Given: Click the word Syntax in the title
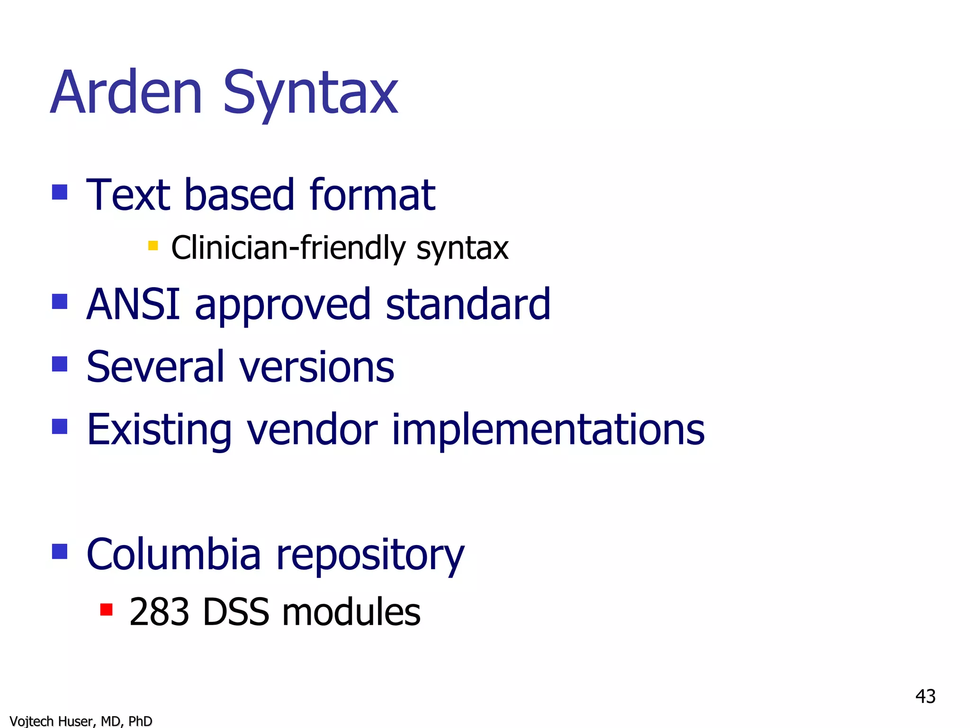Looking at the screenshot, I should click(310, 94).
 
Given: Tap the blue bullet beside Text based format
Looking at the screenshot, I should click(60, 192).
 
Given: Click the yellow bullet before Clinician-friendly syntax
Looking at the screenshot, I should click(153, 245).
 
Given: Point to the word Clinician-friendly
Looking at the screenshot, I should click(288, 248).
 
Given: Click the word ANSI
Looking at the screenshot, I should click(134, 304).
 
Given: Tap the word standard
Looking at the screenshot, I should click(468, 304).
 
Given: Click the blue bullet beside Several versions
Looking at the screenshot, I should click(60, 364).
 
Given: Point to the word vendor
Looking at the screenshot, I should click(313, 429).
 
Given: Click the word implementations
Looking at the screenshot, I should click(548, 429).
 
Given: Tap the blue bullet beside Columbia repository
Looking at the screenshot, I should click(60, 551).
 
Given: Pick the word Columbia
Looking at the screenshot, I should click(174, 554).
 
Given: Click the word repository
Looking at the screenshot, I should click(370, 556).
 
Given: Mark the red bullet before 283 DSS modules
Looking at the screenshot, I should click(107, 609).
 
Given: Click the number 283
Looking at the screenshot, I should click(159, 612).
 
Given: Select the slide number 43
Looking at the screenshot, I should click(925, 696).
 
